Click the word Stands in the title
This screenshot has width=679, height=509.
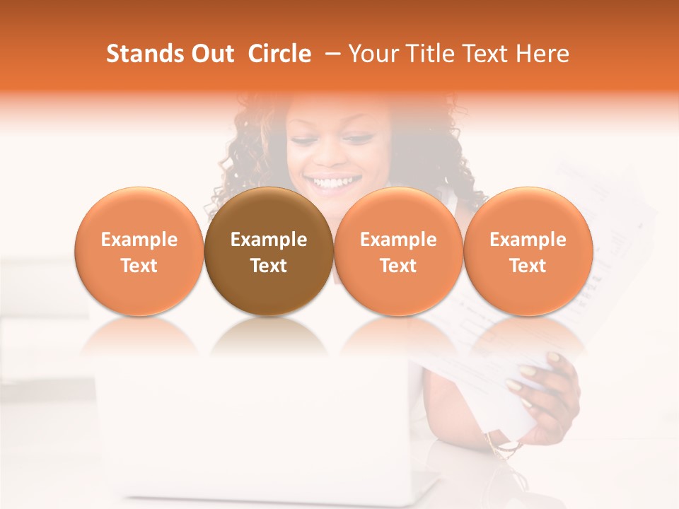144,54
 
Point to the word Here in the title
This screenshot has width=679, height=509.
544,54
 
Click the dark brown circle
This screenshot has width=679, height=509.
268,251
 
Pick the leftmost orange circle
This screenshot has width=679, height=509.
139,251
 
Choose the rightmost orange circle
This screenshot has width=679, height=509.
528,251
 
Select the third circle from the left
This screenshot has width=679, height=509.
398,251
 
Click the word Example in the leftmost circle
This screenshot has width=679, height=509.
139,240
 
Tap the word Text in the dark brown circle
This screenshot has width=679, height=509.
269,266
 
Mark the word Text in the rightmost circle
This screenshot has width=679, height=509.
528,266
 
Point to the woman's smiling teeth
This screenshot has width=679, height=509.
336,182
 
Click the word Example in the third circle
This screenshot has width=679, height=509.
398,240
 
